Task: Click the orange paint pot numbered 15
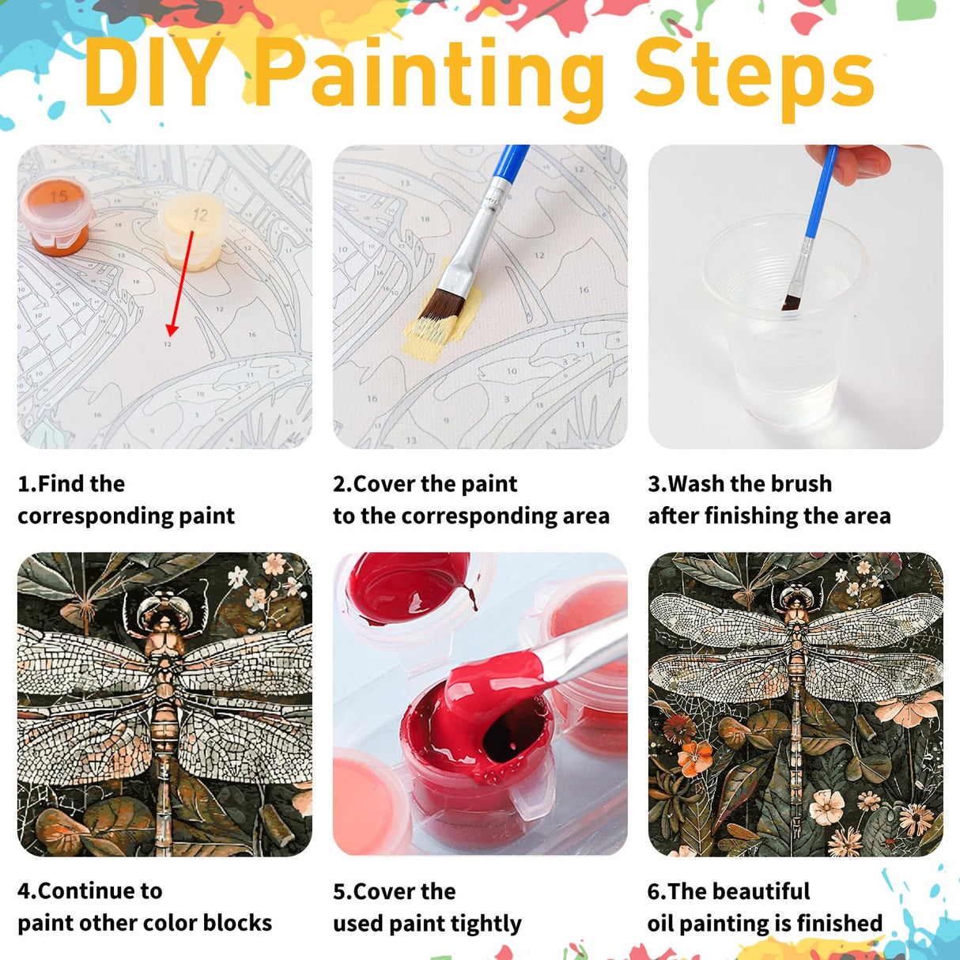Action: click(x=55, y=213)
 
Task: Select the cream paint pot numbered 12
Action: click(x=193, y=229)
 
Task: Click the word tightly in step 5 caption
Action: click(x=486, y=923)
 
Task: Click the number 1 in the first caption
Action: click(x=24, y=483)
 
